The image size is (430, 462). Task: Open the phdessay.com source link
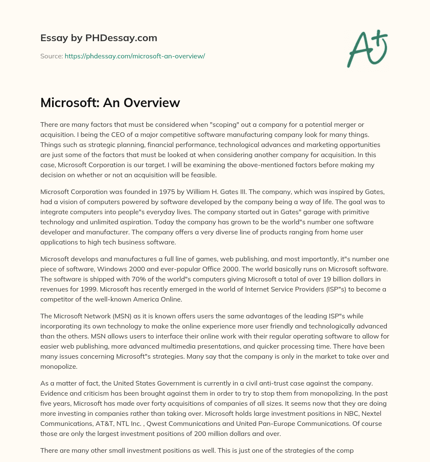(134, 56)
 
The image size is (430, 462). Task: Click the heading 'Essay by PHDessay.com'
(99, 38)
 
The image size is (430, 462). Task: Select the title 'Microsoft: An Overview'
(110, 102)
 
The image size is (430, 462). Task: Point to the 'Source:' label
(51, 56)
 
